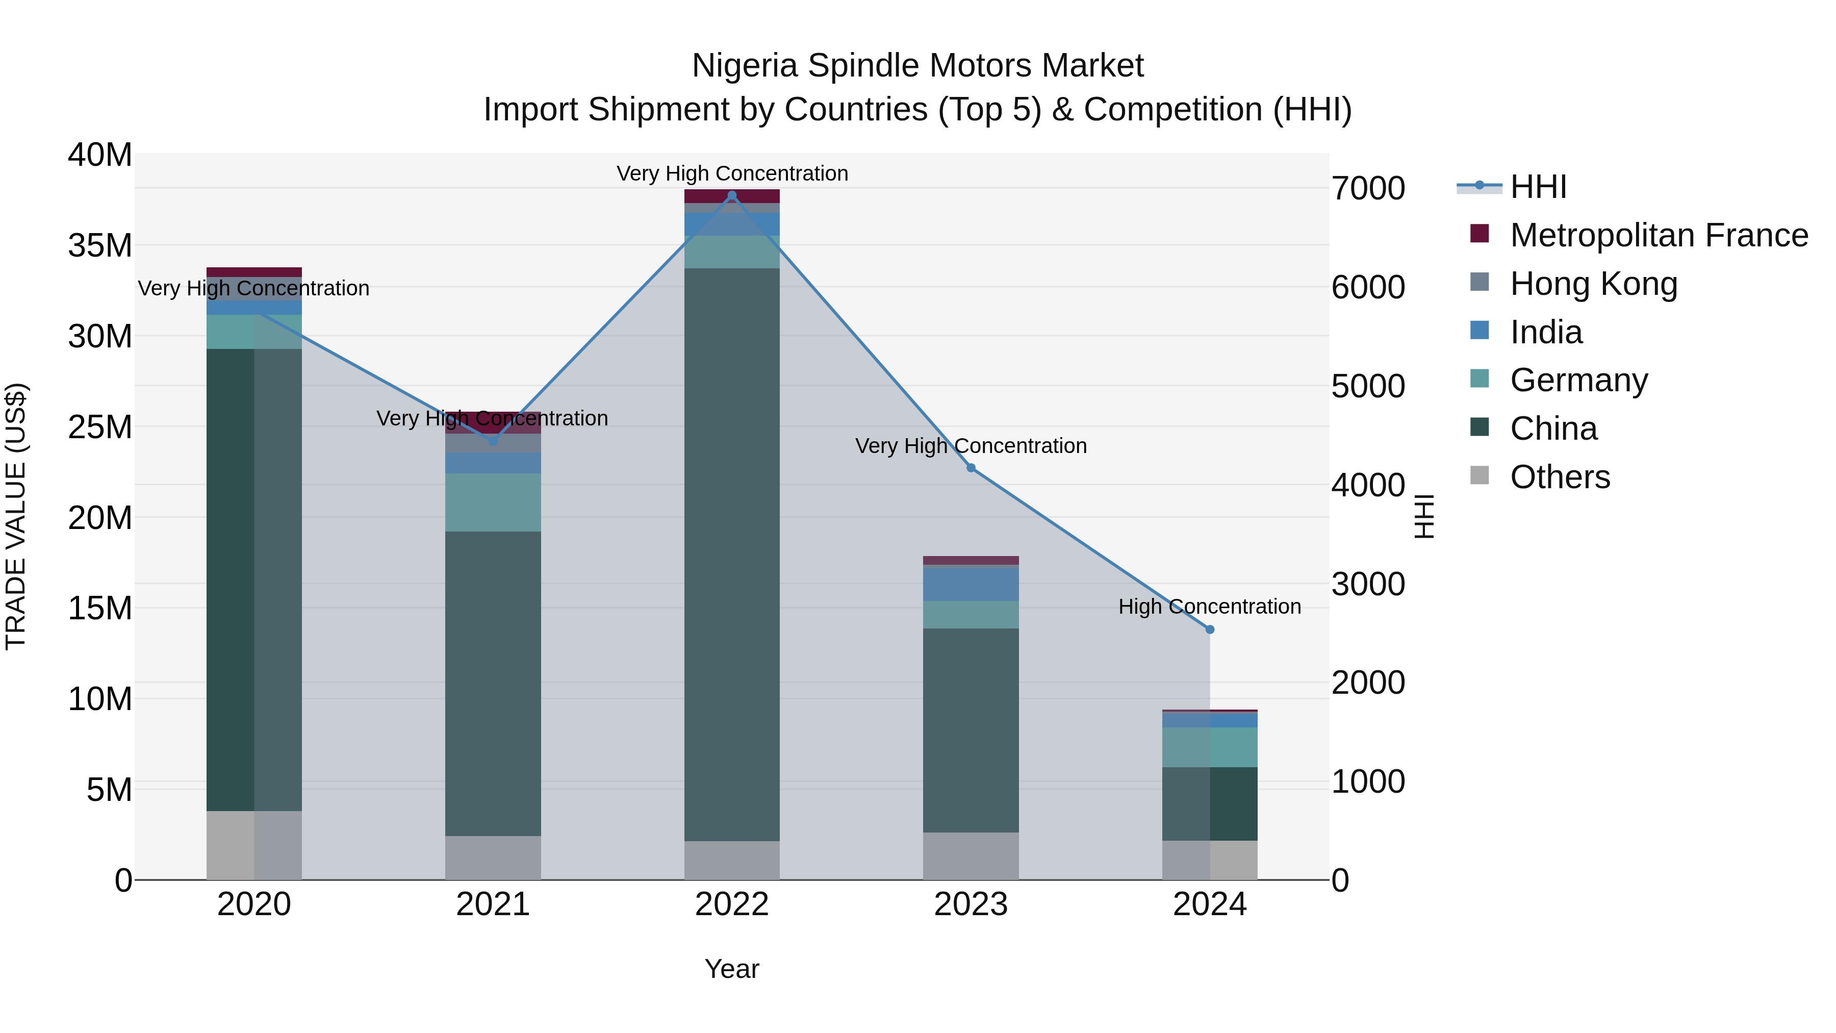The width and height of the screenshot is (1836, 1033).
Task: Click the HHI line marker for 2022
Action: coord(731,195)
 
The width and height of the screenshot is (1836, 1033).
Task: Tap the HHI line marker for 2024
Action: coord(1210,629)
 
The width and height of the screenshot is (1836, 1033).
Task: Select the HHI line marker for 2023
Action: coord(971,468)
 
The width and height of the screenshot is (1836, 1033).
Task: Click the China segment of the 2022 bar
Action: coord(731,554)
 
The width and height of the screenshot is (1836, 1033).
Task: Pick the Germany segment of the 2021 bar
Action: coord(493,502)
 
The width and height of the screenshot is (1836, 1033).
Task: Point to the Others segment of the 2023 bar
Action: coord(971,855)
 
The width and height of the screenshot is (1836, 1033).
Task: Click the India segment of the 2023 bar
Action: coord(971,584)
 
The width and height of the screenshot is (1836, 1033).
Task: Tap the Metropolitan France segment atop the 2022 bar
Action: coord(731,196)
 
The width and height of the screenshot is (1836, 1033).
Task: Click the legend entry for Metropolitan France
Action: coord(1658,235)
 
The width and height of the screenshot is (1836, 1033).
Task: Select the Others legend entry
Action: coord(1560,477)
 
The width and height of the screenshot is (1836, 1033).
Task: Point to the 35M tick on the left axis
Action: coord(100,245)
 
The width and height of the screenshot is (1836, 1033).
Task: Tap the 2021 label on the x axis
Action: coord(493,904)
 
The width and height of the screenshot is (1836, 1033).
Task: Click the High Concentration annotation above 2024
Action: coord(1210,607)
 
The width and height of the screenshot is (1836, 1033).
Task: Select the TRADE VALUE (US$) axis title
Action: coord(16,516)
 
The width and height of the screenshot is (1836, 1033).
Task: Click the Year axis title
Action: coord(731,969)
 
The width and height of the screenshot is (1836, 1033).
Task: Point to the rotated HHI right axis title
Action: coord(1423,516)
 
